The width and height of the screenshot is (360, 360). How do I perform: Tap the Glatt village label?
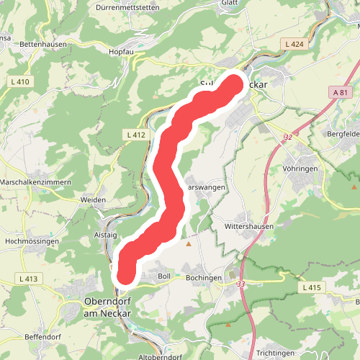click(230, 3)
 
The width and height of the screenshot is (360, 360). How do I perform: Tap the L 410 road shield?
click(21, 81)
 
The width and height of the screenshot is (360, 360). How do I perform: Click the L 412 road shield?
click(135, 135)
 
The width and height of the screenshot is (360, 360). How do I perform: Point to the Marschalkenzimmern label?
click(36, 182)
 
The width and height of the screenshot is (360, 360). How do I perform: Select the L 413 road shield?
click(28, 279)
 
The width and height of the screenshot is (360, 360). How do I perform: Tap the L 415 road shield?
click(311, 287)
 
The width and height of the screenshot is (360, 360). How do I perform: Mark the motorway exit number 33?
click(240, 284)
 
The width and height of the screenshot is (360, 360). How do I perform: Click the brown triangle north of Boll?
click(189, 244)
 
